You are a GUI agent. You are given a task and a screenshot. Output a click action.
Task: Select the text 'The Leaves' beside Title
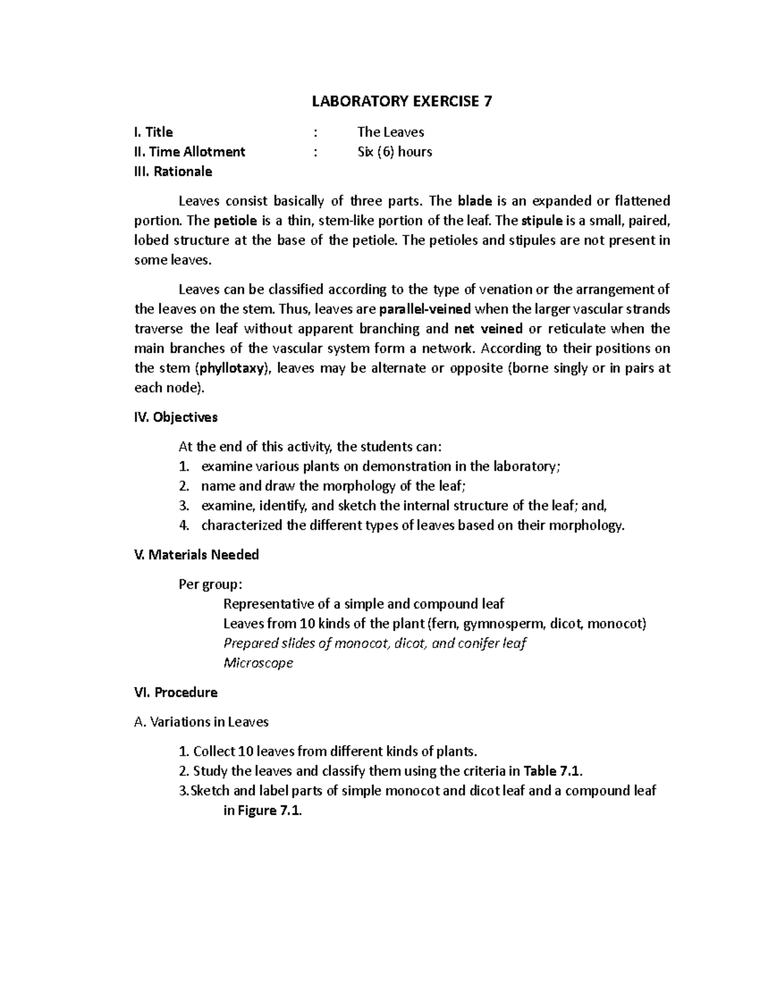click(390, 132)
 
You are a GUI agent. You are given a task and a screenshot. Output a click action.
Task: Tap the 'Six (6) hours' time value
click(394, 152)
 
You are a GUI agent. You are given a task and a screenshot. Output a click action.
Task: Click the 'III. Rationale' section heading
click(173, 172)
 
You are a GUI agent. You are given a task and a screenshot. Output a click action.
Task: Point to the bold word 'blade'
click(474, 201)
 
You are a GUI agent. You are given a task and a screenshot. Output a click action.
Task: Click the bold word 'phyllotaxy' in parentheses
click(231, 368)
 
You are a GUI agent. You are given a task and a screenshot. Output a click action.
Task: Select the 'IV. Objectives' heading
click(175, 417)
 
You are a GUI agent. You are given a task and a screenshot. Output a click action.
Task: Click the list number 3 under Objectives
click(184, 506)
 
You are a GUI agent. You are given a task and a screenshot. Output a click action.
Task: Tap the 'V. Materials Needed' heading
click(196, 555)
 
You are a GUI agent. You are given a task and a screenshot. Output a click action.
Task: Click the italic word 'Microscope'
click(258, 663)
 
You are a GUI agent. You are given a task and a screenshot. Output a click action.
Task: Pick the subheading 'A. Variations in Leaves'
click(201, 722)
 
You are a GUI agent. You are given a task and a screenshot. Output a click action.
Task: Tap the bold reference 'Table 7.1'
click(552, 771)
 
